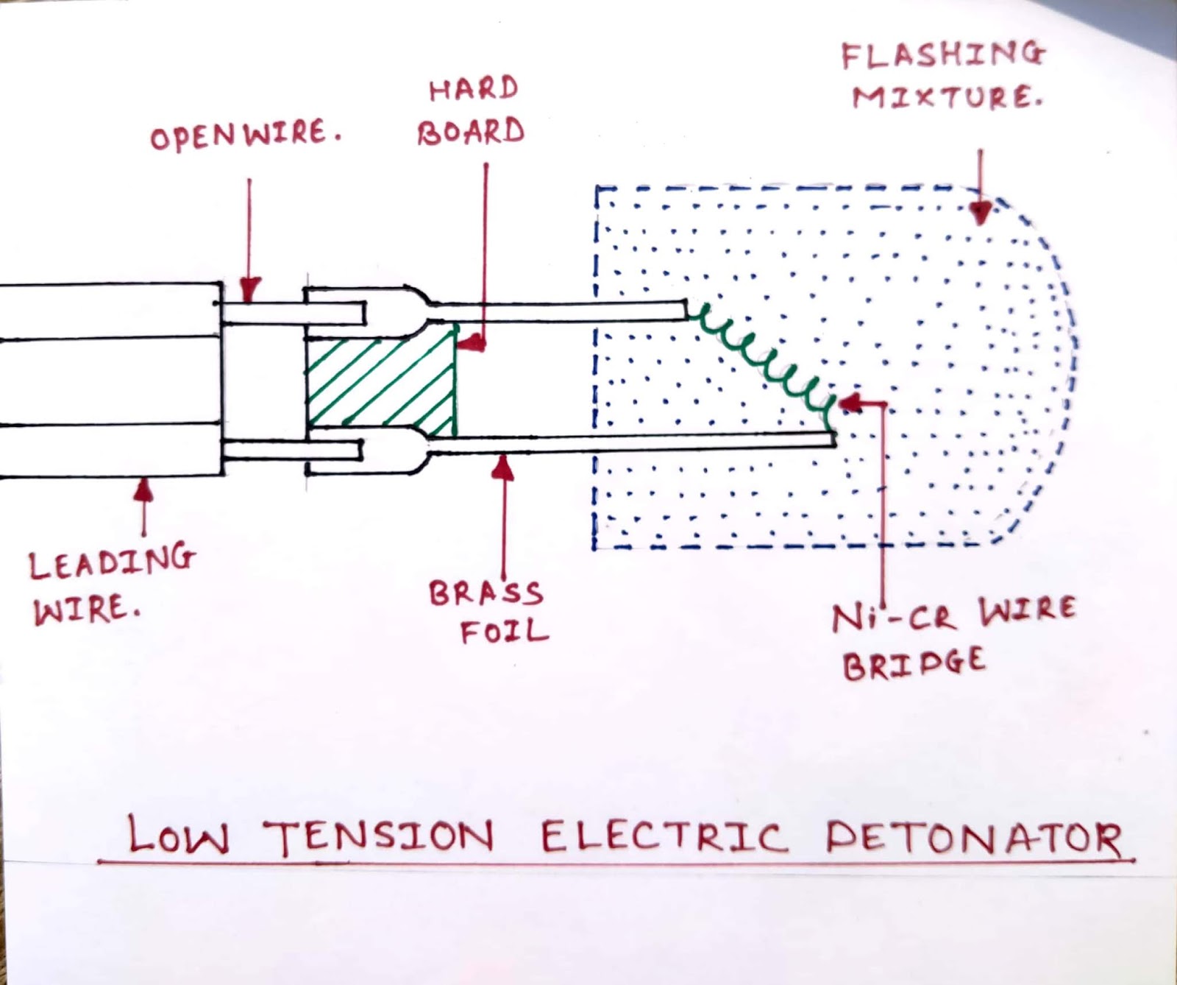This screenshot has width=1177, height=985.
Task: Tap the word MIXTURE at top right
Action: (x=947, y=97)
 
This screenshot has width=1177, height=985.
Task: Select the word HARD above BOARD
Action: (x=474, y=90)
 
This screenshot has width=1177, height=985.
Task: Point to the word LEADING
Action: (x=112, y=562)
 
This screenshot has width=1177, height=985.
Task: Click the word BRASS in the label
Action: (x=486, y=593)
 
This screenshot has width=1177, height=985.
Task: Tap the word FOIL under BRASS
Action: (x=504, y=632)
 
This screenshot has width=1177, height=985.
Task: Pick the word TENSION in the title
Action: (x=378, y=837)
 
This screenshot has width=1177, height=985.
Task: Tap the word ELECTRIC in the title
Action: (x=663, y=837)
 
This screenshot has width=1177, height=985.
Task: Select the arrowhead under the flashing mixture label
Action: (x=980, y=213)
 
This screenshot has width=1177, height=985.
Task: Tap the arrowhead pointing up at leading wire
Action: (x=144, y=487)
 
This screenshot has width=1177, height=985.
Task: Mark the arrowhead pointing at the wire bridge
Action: (x=848, y=403)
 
